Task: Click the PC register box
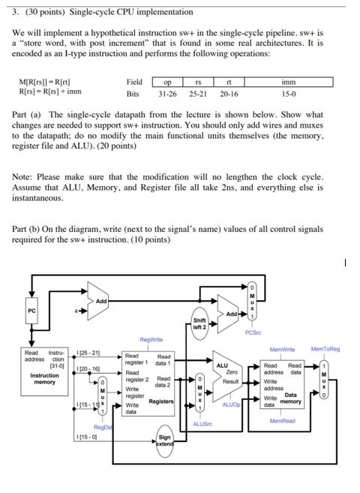pos(32,309)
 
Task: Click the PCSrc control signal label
pos(253,333)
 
